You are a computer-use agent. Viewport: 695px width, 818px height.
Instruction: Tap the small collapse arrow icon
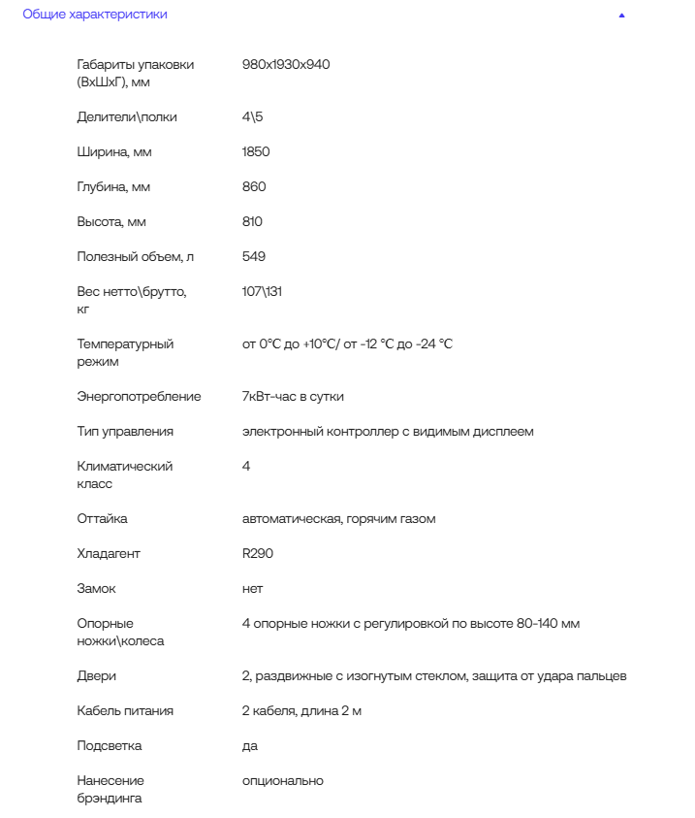coord(621,16)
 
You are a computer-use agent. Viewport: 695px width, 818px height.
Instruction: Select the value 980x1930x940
coord(286,64)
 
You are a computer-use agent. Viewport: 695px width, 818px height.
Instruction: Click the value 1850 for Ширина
coord(256,152)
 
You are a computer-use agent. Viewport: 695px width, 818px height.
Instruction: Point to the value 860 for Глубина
coord(254,187)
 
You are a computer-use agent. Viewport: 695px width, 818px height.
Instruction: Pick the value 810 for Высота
coord(252,222)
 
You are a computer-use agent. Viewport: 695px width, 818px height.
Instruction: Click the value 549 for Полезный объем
coord(254,257)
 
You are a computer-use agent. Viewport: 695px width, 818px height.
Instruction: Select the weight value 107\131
coord(262,292)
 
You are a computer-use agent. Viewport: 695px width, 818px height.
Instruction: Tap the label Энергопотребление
coord(139,397)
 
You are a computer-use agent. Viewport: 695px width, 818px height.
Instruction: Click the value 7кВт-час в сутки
coord(293,397)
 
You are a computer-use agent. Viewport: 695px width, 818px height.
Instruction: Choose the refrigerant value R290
coord(258,554)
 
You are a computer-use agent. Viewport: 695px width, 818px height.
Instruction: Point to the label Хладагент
coord(109,554)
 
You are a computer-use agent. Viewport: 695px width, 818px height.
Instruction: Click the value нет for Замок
coord(252,589)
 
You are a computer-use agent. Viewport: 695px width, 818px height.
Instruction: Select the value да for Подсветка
coord(250,746)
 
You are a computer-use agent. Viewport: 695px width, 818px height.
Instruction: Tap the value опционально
coord(283,781)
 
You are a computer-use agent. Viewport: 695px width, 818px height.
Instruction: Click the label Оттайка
coord(102,519)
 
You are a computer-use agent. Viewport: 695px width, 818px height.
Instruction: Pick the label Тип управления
coord(125,432)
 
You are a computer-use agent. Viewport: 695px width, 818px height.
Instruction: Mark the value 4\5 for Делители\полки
coord(252,117)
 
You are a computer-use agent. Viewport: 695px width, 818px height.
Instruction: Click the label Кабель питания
coord(125,711)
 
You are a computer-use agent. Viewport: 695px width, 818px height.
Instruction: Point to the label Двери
coord(96,676)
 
